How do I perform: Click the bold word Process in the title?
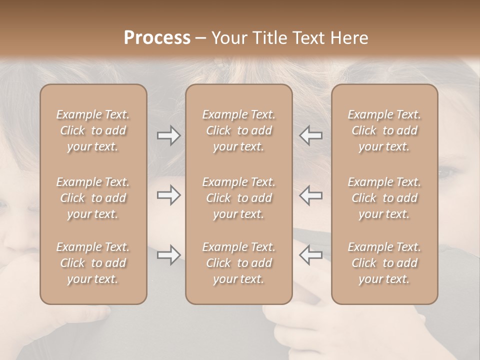tap(157, 37)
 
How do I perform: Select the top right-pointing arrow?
tap(168, 135)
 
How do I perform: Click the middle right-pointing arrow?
tap(168, 195)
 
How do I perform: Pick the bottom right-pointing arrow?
tap(168, 255)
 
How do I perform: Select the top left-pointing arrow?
tap(310, 135)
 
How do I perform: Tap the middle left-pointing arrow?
tap(310, 195)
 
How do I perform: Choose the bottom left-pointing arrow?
tap(310, 255)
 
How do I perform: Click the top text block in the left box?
tap(93, 130)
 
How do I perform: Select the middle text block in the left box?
tap(93, 198)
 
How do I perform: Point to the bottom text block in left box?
tap(93, 263)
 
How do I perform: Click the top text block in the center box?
tap(238, 130)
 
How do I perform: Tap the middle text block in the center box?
tap(238, 198)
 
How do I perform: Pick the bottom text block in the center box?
tap(238, 263)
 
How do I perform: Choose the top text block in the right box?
tap(384, 130)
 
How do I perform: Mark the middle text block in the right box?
tap(384, 198)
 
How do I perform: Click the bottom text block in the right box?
tap(384, 263)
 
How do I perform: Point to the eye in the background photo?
tap(446, 173)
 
